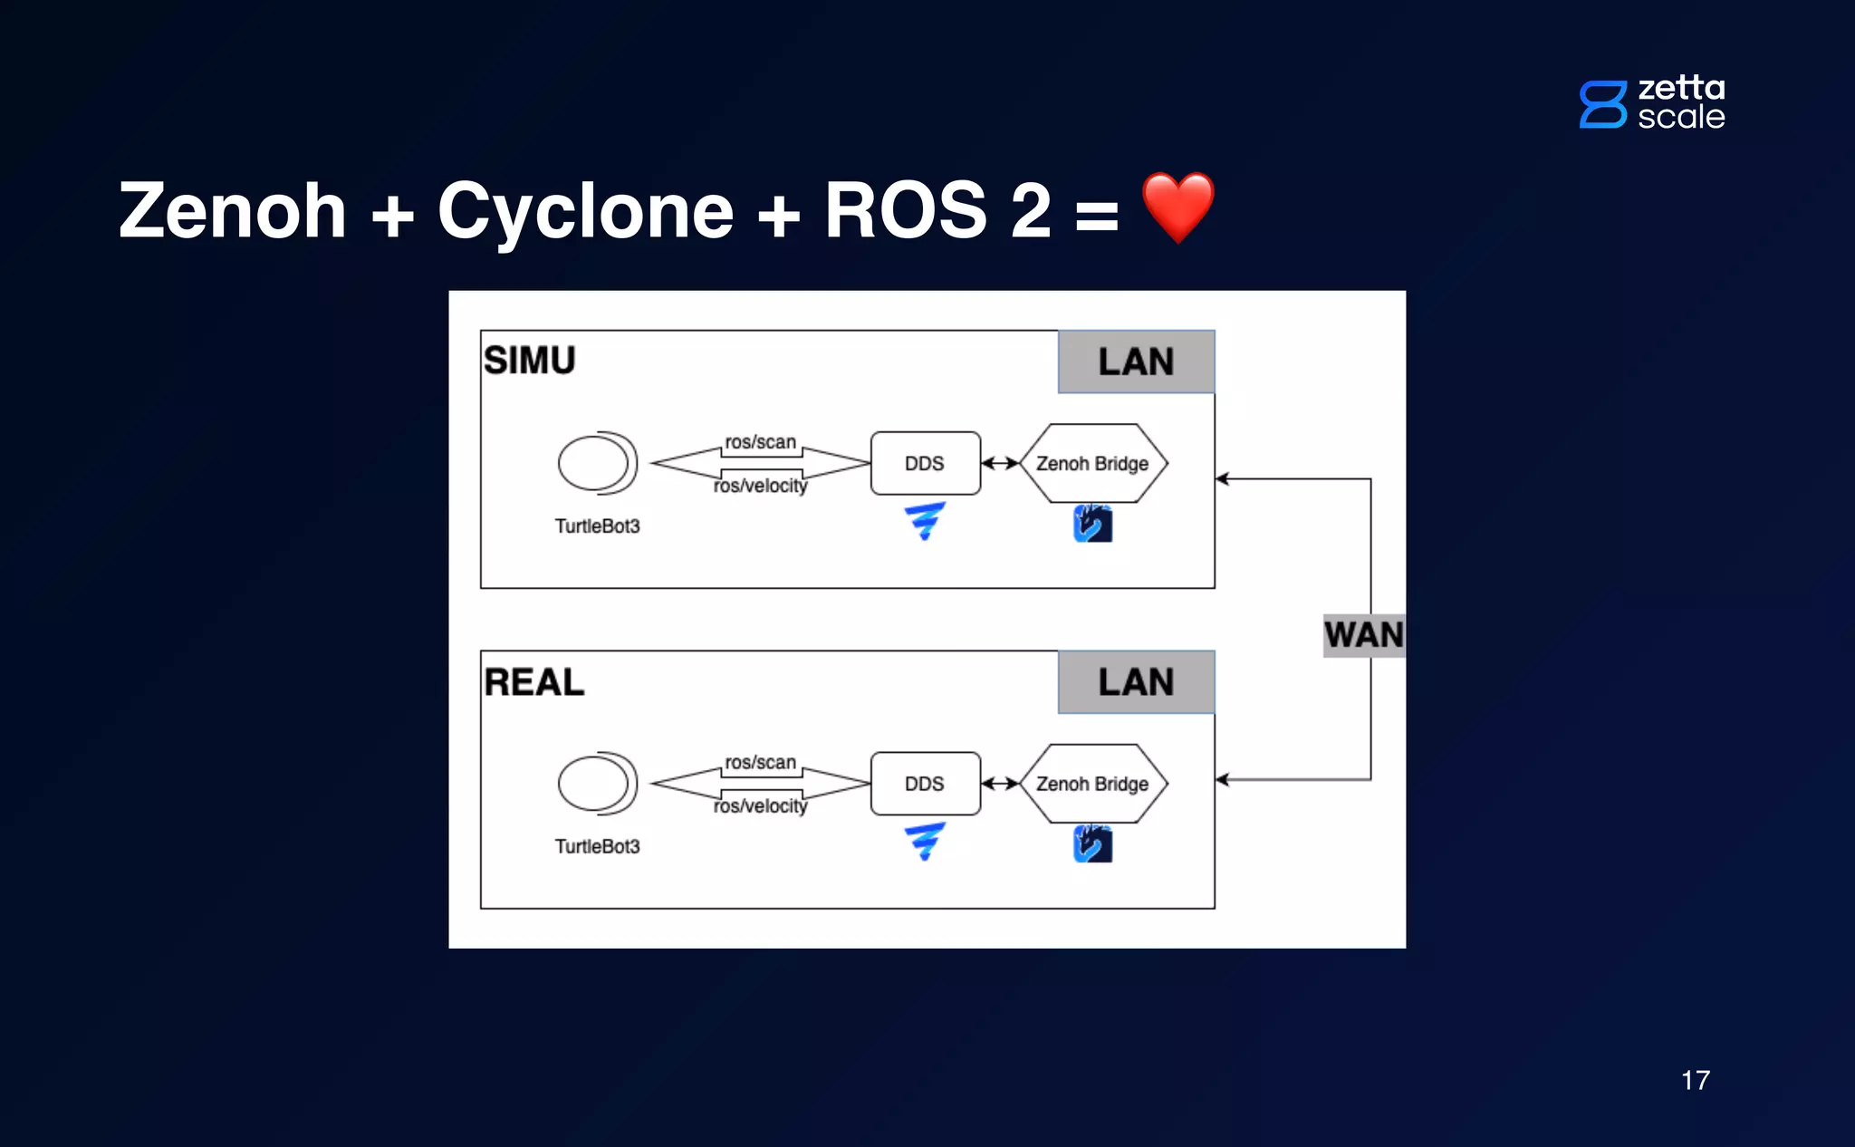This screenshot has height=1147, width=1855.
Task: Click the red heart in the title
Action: click(1177, 207)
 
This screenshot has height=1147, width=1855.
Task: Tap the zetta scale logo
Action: click(1652, 102)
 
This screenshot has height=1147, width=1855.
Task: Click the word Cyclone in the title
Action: click(585, 211)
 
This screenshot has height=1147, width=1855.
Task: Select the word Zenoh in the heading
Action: click(233, 211)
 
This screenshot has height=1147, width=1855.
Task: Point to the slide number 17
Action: click(1695, 1080)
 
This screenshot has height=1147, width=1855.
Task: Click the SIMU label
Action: click(530, 361)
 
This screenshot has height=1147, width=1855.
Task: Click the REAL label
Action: click(533, 682)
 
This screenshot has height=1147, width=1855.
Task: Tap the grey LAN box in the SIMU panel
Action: click(1136, 361)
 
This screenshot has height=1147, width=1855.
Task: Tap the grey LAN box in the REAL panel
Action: click(1136, 682)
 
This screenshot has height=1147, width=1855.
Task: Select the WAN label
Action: click(1363, 634)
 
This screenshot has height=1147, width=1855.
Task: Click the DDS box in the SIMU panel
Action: click(925, 463)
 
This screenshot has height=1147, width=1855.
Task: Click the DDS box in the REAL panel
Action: click(925, 784)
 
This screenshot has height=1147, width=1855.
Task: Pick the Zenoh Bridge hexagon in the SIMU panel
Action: click(1092, 463)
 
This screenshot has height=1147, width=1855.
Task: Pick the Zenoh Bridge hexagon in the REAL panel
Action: click(1092, 784)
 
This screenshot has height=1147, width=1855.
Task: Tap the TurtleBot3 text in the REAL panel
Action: click(597, 846)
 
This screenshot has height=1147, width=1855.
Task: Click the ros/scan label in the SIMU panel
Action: click(760, 442)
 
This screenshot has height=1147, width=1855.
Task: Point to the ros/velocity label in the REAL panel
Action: click(760, 806)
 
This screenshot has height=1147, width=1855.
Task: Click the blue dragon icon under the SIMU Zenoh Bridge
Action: click(1092, 524)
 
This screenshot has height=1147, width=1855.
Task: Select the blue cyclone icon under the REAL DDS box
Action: click(925, 842)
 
